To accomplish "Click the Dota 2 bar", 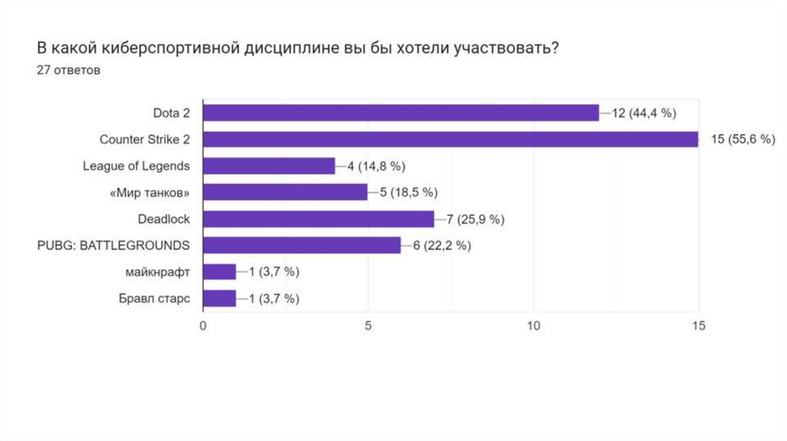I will click(400, 113).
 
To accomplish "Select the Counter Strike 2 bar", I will click(450, 140).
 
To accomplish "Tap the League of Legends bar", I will click(269, 166).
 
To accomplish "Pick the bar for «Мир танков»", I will click(285, 192).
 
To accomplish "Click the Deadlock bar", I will click(318, 219).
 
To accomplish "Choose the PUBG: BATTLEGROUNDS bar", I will click(302, 245).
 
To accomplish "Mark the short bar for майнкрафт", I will click(219, 271).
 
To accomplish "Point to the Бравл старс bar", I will click(219, 298).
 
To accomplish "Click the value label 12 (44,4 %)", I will click(644, 114).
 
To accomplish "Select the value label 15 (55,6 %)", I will click(742, 140).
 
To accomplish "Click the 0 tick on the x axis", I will click(203, 325).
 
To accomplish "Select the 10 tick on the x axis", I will click(533, 325).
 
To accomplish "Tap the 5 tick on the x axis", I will click(368, 325).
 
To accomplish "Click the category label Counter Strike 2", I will click(144, 140).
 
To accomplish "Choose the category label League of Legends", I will click(136, 166).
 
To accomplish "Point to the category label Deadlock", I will click(164, 219).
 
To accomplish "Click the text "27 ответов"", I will click(69, 70).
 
